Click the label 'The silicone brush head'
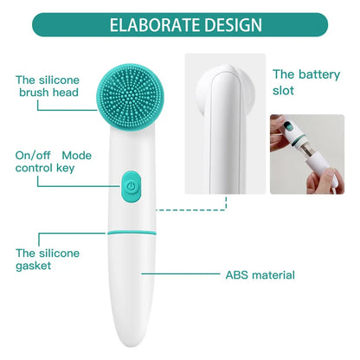[x=48, y=86]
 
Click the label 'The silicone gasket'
[x=48, y=259]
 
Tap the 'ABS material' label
[x=260, y=275]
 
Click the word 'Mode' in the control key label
[x=76, y=154]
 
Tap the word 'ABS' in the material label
[x=237, y=275]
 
